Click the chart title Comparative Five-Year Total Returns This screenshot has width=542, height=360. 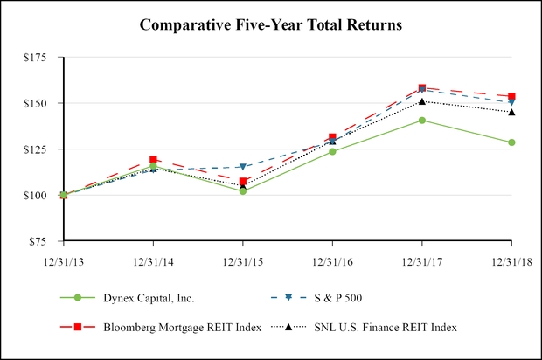coord(271,25)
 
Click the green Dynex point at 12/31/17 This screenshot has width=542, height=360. coord(422,121)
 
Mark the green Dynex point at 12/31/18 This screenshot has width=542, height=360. coord(511,142)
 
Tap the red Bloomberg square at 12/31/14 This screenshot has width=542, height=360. coord(153,160)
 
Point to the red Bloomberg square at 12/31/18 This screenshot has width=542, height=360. coord(511,96)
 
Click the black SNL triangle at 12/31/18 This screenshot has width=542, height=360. coord(511,112)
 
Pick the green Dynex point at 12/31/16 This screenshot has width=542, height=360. coord(332,152)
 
